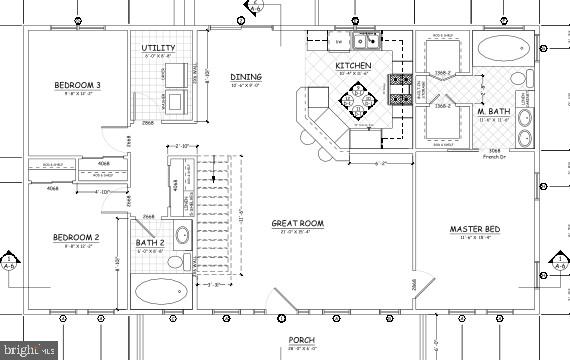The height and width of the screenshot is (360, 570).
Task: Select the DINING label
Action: (x=246, y=77)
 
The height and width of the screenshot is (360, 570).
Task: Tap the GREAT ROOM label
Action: (x=298, y=223)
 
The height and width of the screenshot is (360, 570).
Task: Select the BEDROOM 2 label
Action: (x=76, y=237)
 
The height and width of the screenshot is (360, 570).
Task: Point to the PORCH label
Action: (x=302, y=339)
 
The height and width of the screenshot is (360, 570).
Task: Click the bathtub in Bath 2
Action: (x=160, y=293)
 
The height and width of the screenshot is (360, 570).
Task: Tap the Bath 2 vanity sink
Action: (x=182, y=237)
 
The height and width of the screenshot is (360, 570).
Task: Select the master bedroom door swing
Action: (x=424, y=287)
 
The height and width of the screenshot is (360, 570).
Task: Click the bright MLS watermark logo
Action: (x=34, y=349)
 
